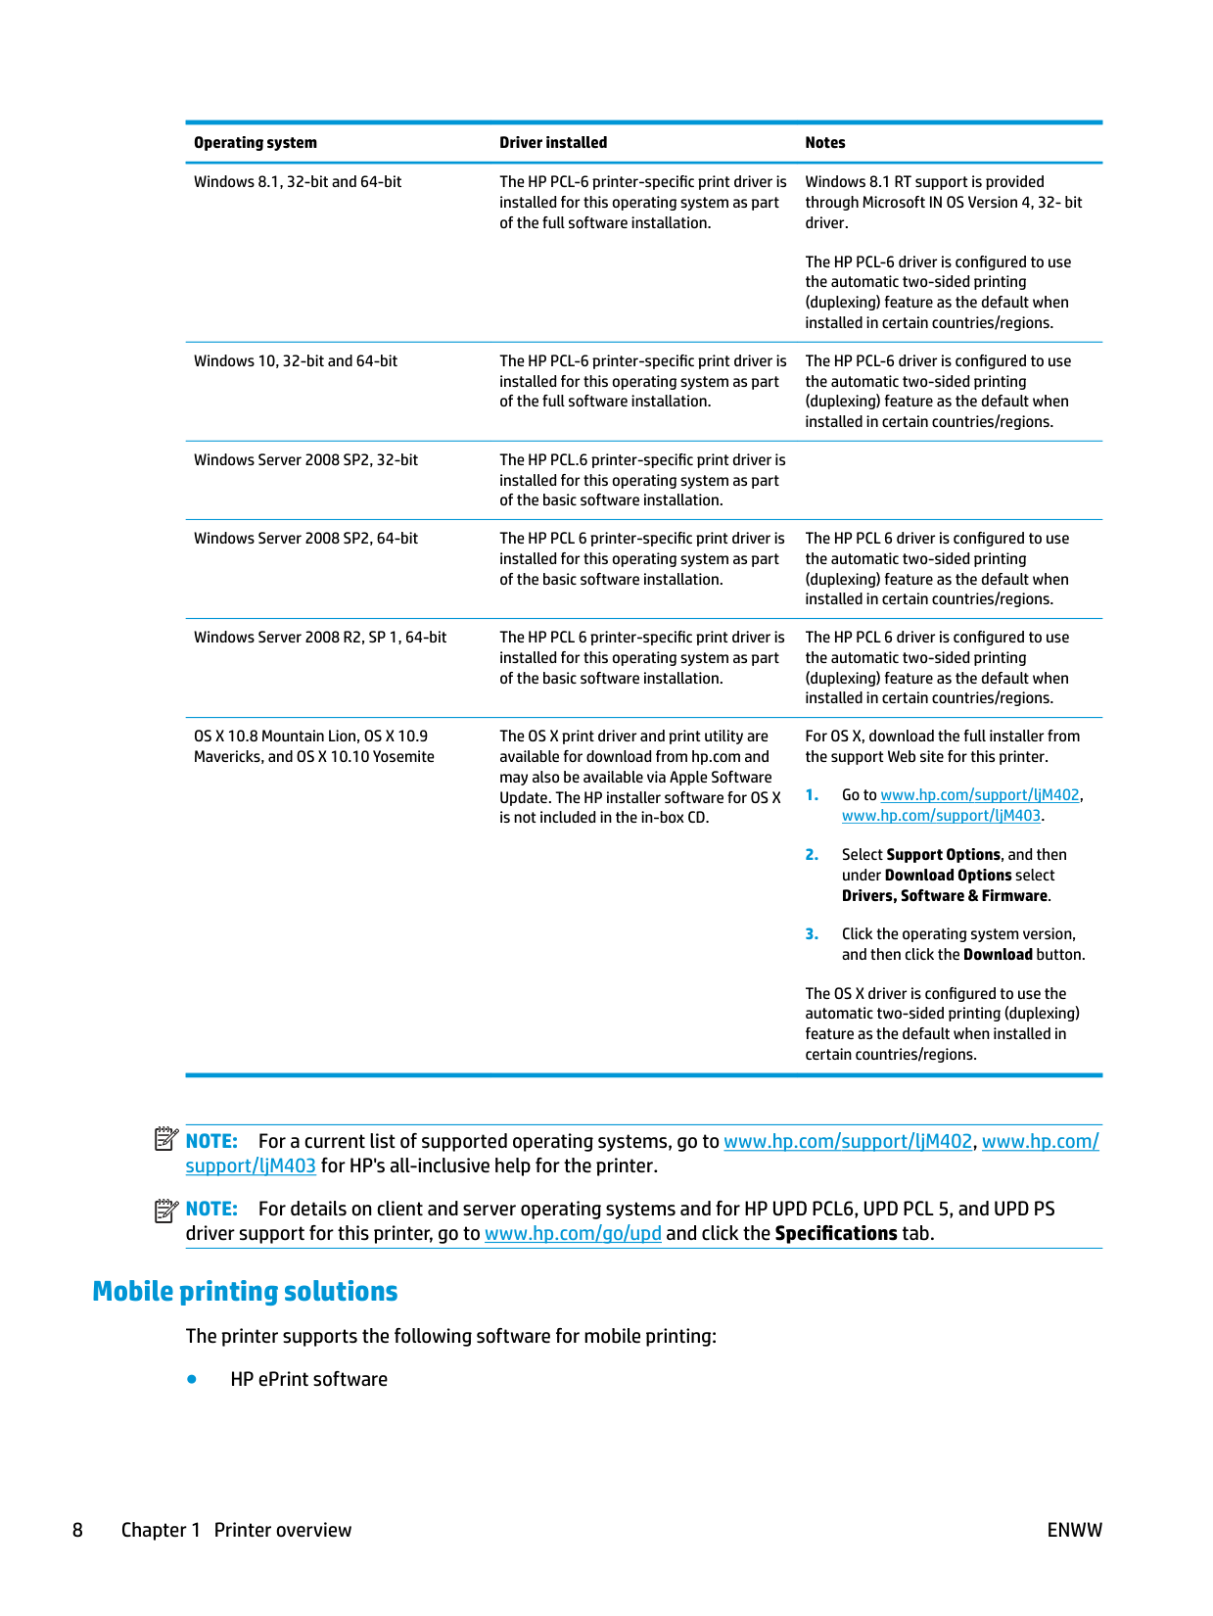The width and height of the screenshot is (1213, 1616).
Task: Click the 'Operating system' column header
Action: click(255, 143)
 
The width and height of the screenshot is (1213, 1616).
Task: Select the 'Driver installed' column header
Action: click(552, 143)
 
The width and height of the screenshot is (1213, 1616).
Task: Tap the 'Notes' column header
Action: click(824, 143)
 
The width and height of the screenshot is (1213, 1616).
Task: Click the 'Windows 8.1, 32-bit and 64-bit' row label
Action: click(298, 182)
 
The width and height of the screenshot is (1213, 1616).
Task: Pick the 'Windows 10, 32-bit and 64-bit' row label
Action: click(295, 361)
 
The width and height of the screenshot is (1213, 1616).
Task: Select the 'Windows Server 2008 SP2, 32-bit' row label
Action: click(305, 460)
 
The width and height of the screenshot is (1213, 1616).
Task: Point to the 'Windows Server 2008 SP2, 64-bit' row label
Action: click(305, 539)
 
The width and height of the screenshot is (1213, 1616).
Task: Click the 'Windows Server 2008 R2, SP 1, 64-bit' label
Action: click(319, 638)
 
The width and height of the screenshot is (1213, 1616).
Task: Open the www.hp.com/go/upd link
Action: click(573, 1234)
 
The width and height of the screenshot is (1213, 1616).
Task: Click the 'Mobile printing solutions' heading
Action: click(245, 1292)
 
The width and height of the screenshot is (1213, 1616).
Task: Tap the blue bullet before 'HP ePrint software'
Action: click(192, 1379)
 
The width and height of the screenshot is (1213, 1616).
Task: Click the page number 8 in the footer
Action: click(77, 1530)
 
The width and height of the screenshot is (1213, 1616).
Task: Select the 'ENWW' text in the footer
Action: click(1074, 1530)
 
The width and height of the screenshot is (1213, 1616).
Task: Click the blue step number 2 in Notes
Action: click(812, 855)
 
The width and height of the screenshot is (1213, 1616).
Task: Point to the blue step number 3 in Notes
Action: click(812, 934)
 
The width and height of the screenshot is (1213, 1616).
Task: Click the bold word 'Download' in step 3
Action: click(997, 955)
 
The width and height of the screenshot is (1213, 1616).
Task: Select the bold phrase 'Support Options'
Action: click(943, 855)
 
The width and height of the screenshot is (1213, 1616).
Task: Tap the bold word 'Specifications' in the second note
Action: click(835, 1234)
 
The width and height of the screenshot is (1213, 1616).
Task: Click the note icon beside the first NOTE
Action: click(166, 1139)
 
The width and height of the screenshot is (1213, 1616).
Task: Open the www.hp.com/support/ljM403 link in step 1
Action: click(941, 816)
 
